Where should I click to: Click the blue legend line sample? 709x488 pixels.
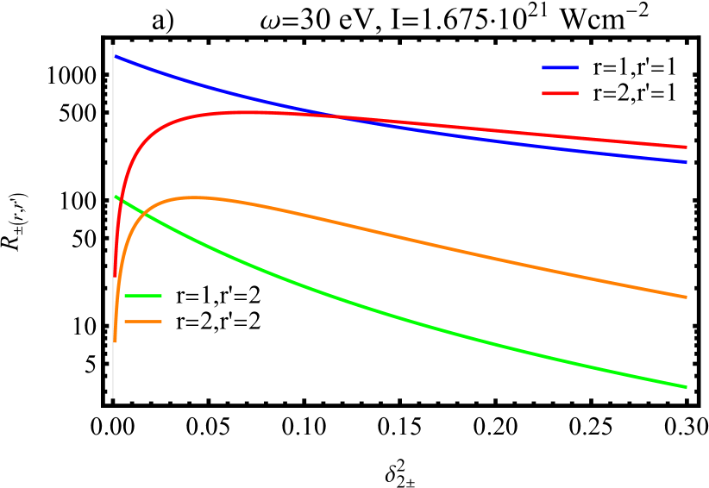tap(560, 67)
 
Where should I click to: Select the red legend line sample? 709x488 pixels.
tap(560, 93)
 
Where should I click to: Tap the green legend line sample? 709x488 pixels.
tap(142, 296)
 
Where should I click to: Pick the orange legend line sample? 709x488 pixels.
tap(142, 322)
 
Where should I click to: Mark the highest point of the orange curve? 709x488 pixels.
tap(194, 197)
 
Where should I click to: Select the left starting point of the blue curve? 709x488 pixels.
tap(116, 57)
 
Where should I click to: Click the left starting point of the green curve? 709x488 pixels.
tap(116, 197)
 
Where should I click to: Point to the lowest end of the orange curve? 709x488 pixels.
tap(115, 341)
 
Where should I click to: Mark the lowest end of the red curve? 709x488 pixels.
tap(115, 276)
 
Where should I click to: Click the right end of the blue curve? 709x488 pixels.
tap(687, 161)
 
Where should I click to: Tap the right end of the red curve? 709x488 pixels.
tap(687, 147)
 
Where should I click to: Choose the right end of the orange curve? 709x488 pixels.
tap(687, 297)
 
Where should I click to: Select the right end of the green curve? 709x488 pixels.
tap(687, 387)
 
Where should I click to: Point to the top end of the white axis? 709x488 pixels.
tap(113, 46)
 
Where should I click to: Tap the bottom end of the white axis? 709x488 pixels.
tap(113, 397)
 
